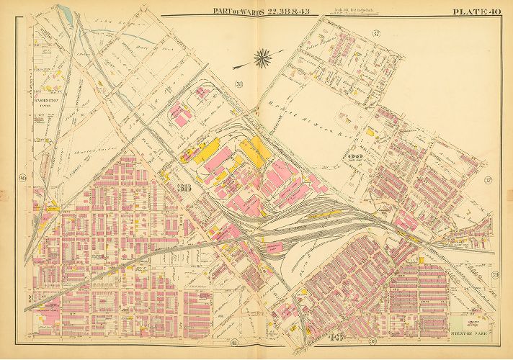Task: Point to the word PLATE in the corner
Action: click(x=468, y=11)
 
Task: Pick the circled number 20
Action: click(x=22, y=179)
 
